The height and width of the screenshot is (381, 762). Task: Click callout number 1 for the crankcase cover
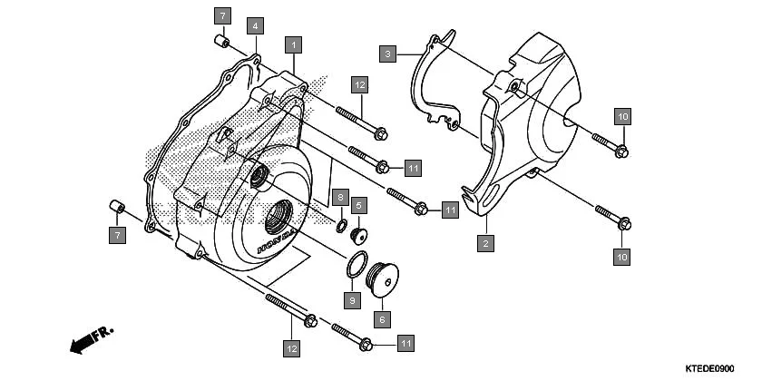pos(292,44)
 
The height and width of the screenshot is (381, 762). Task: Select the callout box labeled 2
pos(486,243)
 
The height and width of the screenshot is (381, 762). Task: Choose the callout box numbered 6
pos(383,319)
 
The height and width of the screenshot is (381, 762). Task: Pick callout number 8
pos(340,197)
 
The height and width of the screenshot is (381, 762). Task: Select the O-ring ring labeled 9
pos(356,267)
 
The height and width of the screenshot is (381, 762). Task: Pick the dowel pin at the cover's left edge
pos(116,205)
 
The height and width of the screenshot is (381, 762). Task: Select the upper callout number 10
pos(622,116)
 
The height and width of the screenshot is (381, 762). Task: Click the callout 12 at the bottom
pos(291,347)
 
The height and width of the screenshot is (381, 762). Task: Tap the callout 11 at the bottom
pos(406,343)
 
